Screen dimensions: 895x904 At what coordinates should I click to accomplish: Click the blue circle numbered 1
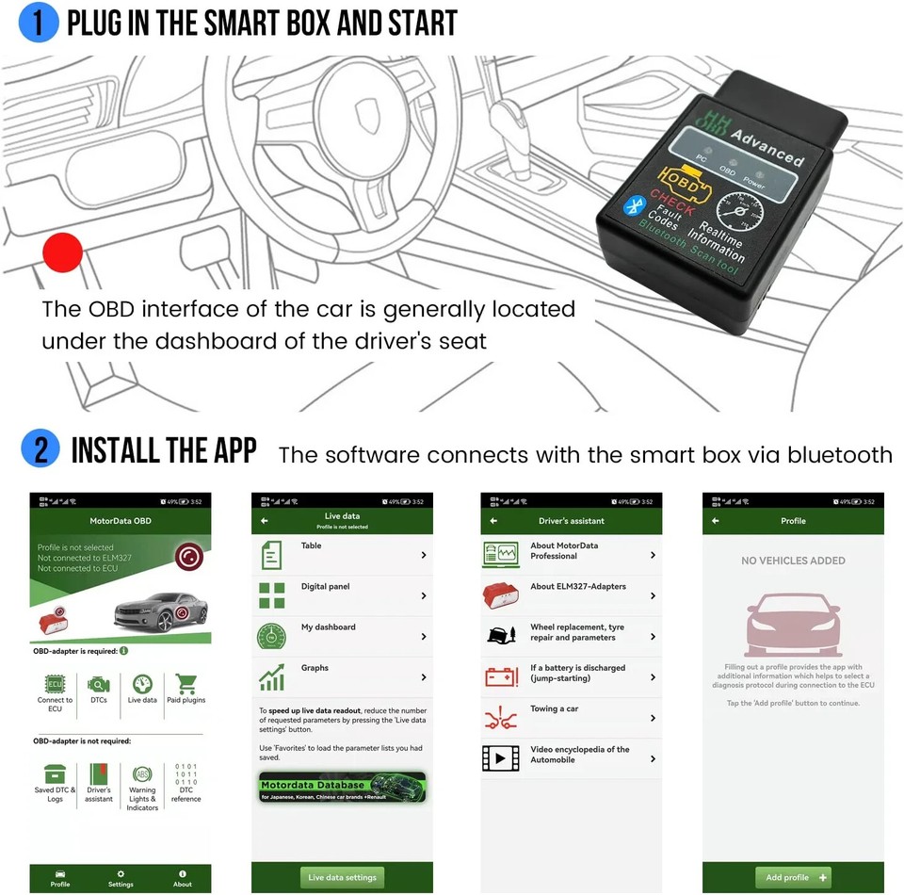click(x=38, y=24)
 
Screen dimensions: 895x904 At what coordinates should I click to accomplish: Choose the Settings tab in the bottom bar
click(x=121, y=878)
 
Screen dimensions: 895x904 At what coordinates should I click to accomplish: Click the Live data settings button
click(x=342, y=877)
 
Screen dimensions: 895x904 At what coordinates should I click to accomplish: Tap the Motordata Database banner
click(x=342, y=788)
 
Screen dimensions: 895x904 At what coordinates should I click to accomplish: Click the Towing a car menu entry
click(x=571, y=718)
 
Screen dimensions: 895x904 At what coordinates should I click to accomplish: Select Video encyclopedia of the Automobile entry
click(x=571, y=758)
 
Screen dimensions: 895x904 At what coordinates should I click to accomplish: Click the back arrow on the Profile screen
click(x=716, y=521)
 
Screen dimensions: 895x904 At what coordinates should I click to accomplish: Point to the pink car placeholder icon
click(x=793, y=626)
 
